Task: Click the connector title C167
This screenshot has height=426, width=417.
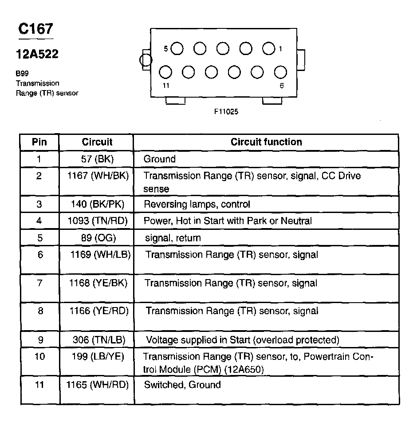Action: [35, 29]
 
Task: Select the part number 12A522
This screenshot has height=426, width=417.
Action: [37, 54]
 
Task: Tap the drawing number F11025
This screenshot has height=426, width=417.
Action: [226, 112]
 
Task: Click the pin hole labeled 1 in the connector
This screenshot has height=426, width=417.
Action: [268, 48]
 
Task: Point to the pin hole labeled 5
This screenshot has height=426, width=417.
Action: [177, 48]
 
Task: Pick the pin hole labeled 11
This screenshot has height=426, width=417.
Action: [165, 72]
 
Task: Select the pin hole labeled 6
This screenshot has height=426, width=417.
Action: [280, 72]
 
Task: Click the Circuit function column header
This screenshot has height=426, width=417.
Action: [266, 142]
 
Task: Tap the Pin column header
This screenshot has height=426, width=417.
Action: [39, 142]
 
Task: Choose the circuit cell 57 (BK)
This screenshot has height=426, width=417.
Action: [97, 159]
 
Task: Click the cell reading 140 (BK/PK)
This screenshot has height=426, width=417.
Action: [97, 204]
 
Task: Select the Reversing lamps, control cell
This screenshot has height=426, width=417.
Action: [197, 204]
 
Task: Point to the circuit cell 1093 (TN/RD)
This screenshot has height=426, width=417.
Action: [97, 221]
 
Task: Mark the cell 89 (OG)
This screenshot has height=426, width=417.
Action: [97, 238]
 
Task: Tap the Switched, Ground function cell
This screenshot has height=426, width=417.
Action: [182, 384]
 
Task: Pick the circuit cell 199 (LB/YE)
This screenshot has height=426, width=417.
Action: [97, 356]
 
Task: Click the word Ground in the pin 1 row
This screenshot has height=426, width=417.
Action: [160, 159]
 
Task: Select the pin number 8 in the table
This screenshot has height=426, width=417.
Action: [40, 311]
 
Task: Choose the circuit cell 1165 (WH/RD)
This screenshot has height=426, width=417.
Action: [97, 384]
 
